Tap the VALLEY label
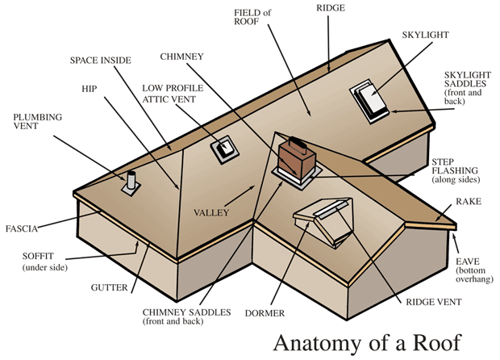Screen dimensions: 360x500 (211, 212)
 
